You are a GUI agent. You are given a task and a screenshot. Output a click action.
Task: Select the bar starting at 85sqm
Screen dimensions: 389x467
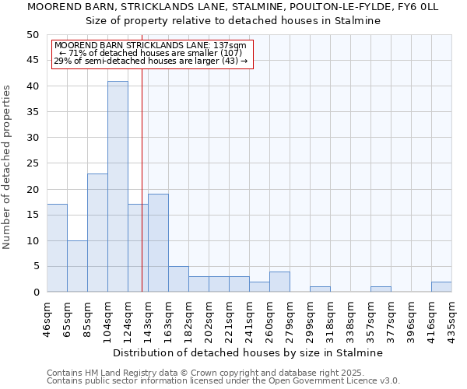pos(97,233)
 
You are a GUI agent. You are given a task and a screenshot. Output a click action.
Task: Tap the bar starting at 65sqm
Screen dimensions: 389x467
pos(77,266)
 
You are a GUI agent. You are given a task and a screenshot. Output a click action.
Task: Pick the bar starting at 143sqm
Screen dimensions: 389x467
pos(158,243)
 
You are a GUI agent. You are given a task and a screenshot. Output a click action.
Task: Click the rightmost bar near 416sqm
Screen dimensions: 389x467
pos(441,287)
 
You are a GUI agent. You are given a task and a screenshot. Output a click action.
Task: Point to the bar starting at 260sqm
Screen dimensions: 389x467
pos(279,282)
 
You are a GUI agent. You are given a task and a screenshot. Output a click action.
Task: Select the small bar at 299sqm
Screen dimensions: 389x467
pos(320,289)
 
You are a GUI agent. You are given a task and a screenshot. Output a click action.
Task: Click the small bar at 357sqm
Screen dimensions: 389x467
pos(381,289)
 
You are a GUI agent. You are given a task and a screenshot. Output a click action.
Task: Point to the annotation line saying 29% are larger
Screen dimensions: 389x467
pos(151,61)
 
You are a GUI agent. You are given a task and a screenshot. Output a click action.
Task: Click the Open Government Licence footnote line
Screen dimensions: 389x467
pos(223,381)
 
